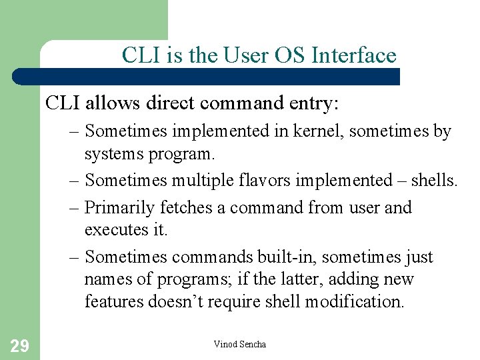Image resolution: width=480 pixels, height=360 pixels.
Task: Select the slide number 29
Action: tap(19, 345)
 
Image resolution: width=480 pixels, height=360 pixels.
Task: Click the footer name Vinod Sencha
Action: tap(239, 344)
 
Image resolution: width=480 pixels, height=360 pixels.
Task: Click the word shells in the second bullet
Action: tap(435, 180)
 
